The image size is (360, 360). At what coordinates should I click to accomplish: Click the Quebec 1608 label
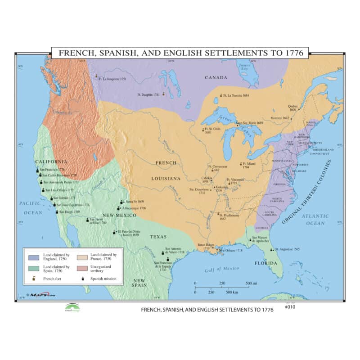coord(292,108)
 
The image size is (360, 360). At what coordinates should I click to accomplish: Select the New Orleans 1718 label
coord(231,250)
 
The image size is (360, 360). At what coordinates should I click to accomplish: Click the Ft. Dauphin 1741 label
coord(148,94)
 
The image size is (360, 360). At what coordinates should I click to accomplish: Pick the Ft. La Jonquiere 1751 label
coord(112,79)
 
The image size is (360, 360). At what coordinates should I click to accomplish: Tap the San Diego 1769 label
coord(70,211)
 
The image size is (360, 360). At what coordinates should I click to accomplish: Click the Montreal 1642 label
coord(280,118)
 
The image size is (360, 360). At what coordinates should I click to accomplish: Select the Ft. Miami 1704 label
coord(249,164)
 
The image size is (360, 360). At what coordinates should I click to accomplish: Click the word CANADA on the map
coord(216,77)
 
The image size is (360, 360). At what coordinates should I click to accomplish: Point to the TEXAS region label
coord(158,237)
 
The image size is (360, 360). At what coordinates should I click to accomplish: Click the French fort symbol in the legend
coord(33,279)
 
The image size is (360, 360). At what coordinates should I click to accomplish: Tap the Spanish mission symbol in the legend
coord(83,279)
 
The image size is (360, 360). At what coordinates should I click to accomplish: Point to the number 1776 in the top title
coord(297,53)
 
